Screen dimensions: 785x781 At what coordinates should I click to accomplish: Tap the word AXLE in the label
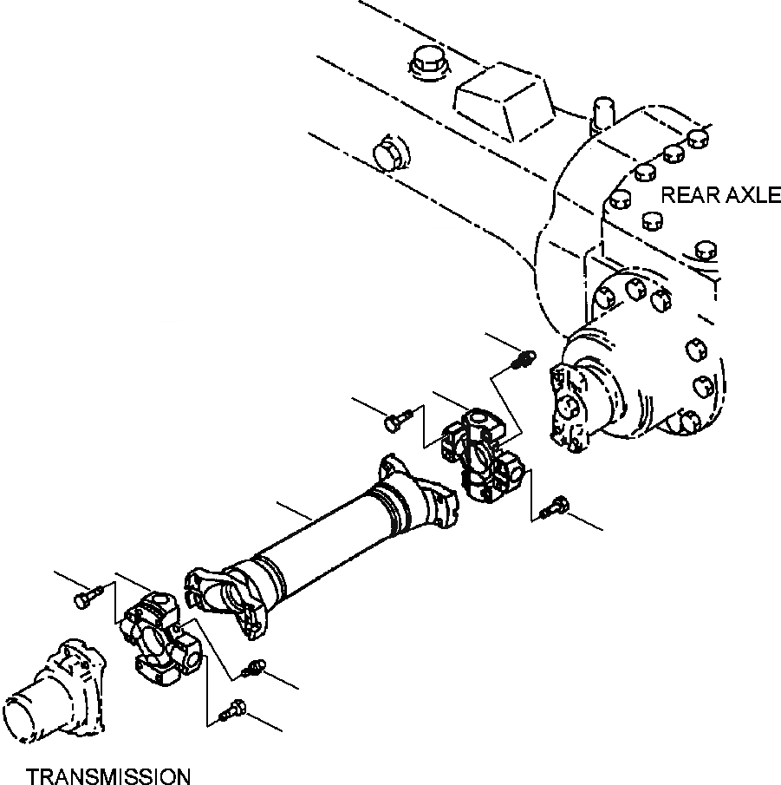click(751, 195)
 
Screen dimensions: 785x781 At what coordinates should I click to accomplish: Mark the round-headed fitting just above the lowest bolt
click(254, 667)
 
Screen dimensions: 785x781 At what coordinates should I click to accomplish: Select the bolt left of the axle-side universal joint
click(394, 422)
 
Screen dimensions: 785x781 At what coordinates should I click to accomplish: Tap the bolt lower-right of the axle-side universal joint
click(555, 507)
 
